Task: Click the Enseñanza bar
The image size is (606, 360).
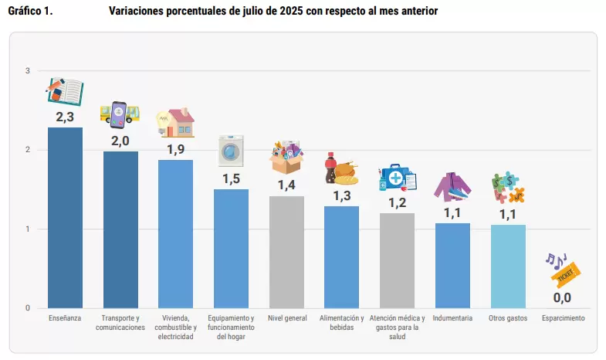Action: [x=65, y=218]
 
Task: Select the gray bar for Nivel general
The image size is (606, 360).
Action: [x=286, y=252]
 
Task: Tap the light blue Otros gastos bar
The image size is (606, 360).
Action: [x=508, y=267]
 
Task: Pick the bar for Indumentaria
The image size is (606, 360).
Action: [x=452, y=266]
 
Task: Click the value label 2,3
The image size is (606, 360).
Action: [x=65, y=117]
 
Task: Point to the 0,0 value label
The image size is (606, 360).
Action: [x=562, y=297]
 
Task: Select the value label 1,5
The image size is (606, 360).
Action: [x=231, y=178]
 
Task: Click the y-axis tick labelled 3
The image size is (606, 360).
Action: [x=28, y=71]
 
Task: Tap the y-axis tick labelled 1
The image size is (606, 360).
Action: [x=28, y=229]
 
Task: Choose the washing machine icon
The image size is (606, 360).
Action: [x=231, y=151]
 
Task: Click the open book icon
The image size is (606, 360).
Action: [x=65, y=91]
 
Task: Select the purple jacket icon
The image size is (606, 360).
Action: [x=452, y=187]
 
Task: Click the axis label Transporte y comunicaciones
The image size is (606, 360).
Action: [x=120, y=322]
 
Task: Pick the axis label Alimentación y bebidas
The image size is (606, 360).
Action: [x=342, y=322]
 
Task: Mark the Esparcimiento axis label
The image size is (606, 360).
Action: [x=563, y=318]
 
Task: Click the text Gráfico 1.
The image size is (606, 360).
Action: [x=30, y=11]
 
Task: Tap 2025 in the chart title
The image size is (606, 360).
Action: [x=291, y=11]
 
